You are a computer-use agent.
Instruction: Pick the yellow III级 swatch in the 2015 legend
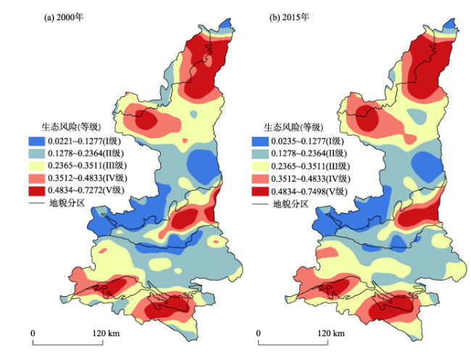259,166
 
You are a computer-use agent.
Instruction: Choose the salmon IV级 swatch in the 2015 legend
259,179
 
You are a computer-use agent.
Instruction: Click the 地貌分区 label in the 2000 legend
66,204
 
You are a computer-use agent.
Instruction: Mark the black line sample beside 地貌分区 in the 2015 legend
259,204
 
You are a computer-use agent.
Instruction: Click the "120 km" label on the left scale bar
104,332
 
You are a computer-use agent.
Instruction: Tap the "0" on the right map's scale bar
258,332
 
